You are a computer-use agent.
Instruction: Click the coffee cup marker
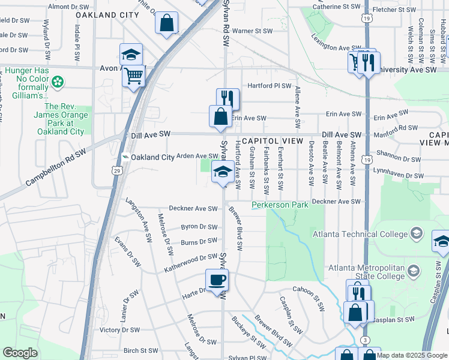(217, 280)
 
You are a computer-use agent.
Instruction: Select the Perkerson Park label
(280, 205)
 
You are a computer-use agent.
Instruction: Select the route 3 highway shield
(365, 340)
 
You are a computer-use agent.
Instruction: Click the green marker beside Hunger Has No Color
(58, 81)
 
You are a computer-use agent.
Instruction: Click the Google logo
(20, 352)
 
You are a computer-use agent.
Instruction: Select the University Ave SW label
(415, 70)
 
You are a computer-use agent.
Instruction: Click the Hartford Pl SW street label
(269, 86)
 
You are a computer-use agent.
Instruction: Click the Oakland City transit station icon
(125, 157)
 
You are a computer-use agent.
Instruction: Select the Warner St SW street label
(252, 30)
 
